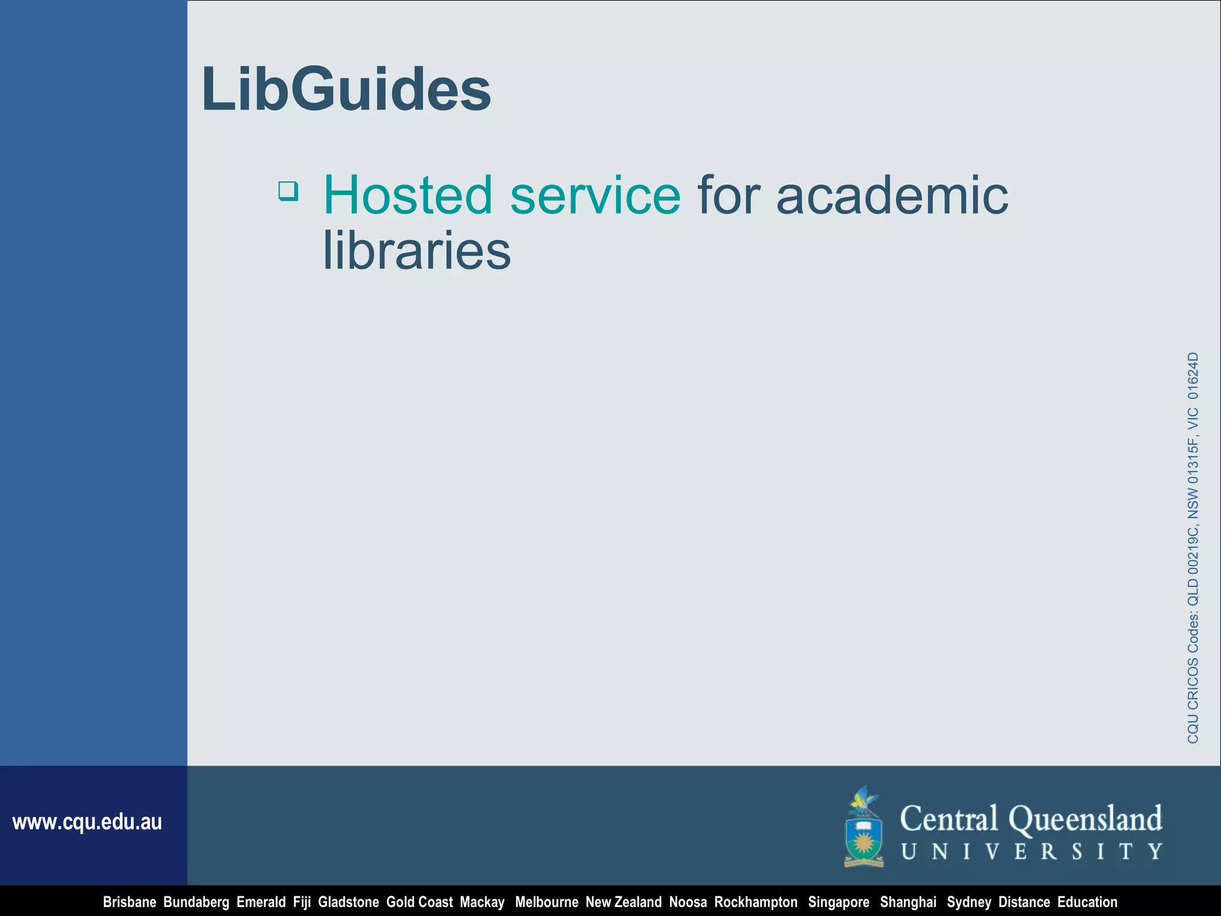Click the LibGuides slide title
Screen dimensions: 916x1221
click(x=346, y=89)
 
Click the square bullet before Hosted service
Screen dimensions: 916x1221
click(x=289, y=191)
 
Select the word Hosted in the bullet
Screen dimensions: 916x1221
click(x=408, y=195)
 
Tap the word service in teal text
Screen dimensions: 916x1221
click(x=595, y=195)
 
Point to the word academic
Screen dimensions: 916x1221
click(x=892, y=195)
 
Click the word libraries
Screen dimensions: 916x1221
click(x=417, y=250)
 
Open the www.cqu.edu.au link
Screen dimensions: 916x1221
click(x=87, y=822)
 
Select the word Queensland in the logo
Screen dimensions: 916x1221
click(x=1085, y=819)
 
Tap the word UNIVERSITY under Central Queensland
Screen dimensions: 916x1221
click(x=1031, y=852)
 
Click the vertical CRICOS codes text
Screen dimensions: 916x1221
click(x=1192, y=547)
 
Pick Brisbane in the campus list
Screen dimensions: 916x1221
click(x=129, y=902)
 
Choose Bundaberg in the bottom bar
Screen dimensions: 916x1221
click(x=196, y=902)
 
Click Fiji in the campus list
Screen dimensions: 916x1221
click(x=302, y=902)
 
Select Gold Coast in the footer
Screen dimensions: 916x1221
click(x=419, y=902)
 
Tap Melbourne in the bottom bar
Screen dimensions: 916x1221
click(x=546, y=902)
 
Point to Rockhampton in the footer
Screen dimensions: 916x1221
click(x=755, y=902)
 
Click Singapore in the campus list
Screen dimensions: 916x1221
click(x=838, y=902)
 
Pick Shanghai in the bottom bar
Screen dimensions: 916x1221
click(x=908, y=902)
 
